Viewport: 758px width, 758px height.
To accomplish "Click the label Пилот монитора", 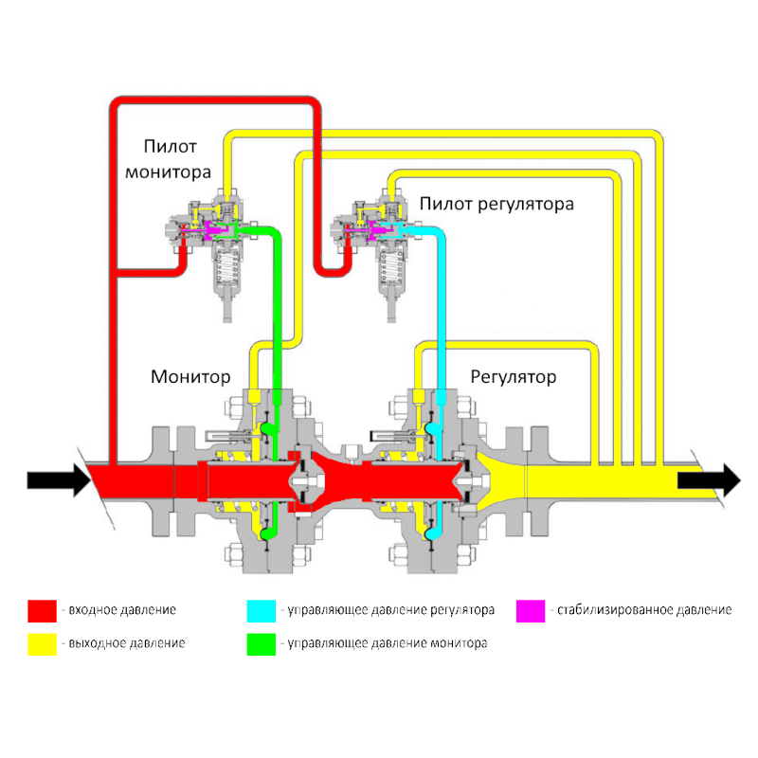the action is coord(169,159).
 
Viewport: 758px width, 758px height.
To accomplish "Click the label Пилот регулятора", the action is coord(496,204).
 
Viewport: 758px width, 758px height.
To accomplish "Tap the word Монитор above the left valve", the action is coord(190,376).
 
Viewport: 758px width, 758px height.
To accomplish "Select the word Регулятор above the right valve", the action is coord(514,376).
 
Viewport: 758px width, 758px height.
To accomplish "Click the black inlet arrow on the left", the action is coord(59,480).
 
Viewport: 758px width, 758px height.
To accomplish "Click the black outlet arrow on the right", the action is coord(709,480).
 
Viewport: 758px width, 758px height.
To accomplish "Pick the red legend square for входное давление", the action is coord(42,611).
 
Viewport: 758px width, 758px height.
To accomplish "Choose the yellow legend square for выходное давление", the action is coord(42,644).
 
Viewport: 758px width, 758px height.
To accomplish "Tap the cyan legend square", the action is coord(262,611).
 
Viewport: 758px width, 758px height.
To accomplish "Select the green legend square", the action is coord(262,644).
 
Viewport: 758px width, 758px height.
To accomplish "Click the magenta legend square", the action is coord(531,611).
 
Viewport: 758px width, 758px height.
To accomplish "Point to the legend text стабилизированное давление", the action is coord(644,610).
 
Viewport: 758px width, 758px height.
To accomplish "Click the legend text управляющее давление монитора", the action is coord(388,643).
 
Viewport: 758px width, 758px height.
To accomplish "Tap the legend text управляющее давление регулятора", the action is coord(390,610).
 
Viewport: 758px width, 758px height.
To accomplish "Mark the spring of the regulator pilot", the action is coord(391,267).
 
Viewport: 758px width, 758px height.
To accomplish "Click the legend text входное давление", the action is coord(122,610).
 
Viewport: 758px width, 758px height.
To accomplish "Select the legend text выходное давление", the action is coord(127,643).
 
